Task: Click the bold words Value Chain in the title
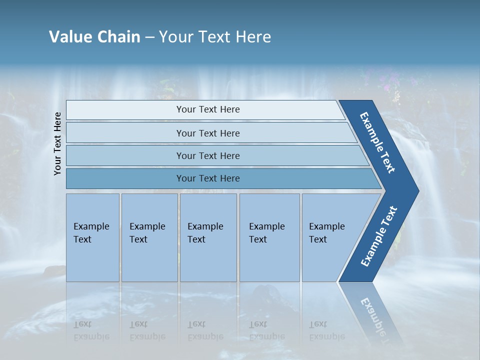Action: coord(94,37)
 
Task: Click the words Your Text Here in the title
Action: coord(215,37)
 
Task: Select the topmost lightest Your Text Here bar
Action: coord(208,109)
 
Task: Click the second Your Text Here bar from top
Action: coord(208,133)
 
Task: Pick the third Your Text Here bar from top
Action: coord(208,155)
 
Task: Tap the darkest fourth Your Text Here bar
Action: coord(208,178)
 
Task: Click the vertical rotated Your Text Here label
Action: coord(57,143)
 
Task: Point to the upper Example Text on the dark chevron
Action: coord(377,142)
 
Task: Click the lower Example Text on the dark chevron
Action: coord(379,236)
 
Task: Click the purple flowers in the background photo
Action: coord(388,85)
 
